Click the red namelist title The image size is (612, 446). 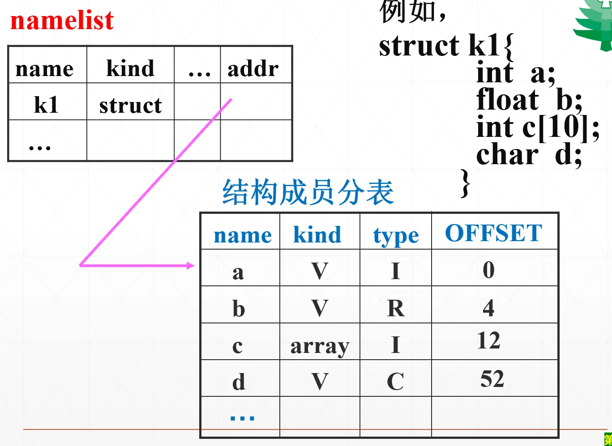click(x=62, y=21)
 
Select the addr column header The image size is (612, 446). click(x=253, y=68)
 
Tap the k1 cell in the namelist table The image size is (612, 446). click(x=46, y=105)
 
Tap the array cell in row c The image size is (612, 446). click(x=320, y=347)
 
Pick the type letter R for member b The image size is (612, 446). click(x=396, y=308)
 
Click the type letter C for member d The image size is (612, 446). click(x=395, y=381)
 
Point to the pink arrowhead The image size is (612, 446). click(x=190, y=266)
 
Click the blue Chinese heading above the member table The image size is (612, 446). click(x=308, y=192)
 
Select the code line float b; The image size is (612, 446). click(x=529, y=99)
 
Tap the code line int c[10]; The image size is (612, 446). click(x=538, y=127)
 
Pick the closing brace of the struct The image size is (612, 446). click(x=465, y=183)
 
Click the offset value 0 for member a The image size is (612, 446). click(x=488, y=270)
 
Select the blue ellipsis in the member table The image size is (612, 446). click(x=242, y=418)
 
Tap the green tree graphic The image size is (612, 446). click(x=594, y=25)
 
